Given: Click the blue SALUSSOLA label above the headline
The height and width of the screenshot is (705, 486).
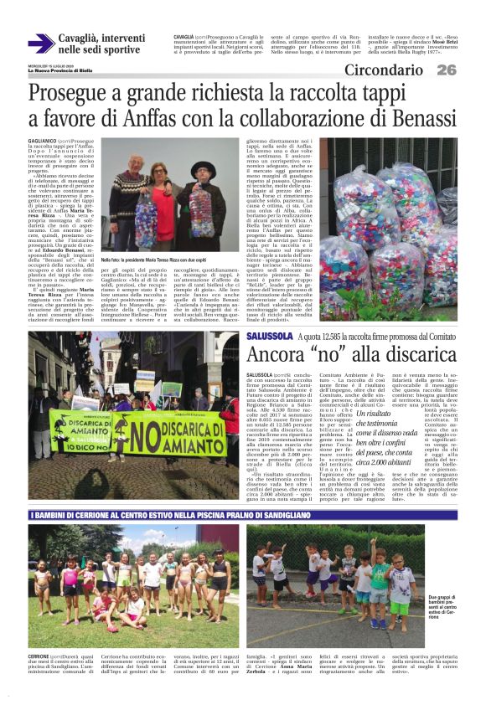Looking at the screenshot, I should tap(292, 336).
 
